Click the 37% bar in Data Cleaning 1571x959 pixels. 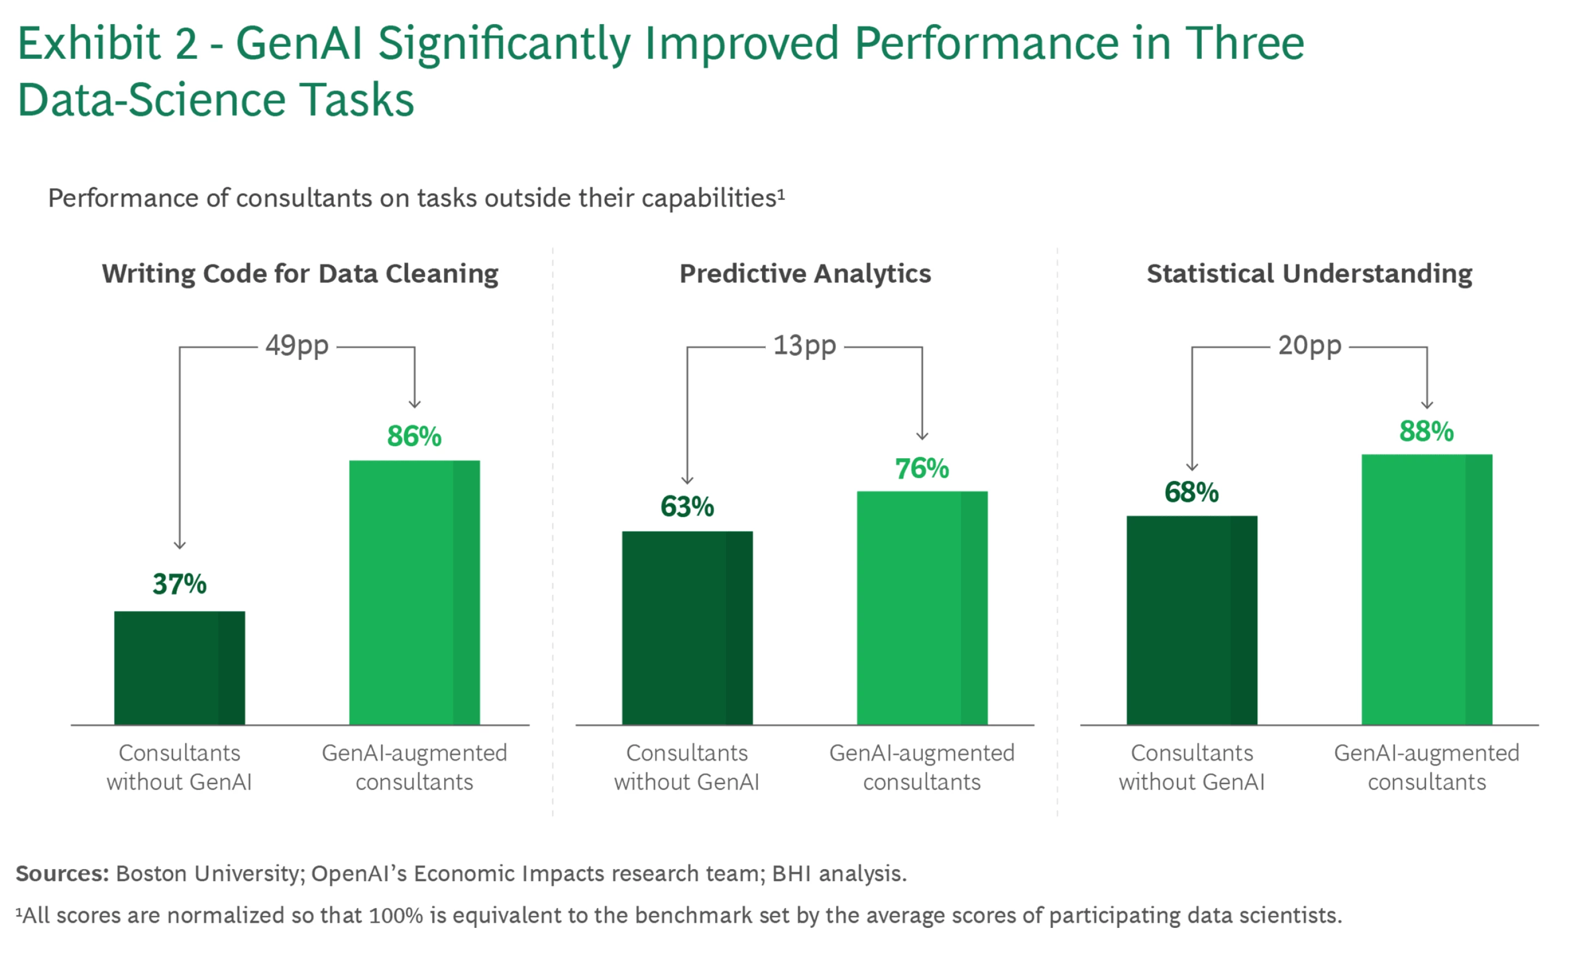[x=179, y=668]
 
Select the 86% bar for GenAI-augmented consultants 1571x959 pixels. [x=415, y=592]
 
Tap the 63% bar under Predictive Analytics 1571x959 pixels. [x=687, y=627]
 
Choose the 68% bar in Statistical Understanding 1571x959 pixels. [x=1192, y=620]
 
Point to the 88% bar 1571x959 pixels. [x=1427, y=589]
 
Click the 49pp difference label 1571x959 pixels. [x=297, y=346]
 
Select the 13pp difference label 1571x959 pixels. [x=805, y=346]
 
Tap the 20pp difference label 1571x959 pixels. [x=1310, y=346]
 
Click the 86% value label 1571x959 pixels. [x=415, y=437]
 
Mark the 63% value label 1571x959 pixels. [x=687, y=507]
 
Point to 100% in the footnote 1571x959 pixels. [x=395, y=916]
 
